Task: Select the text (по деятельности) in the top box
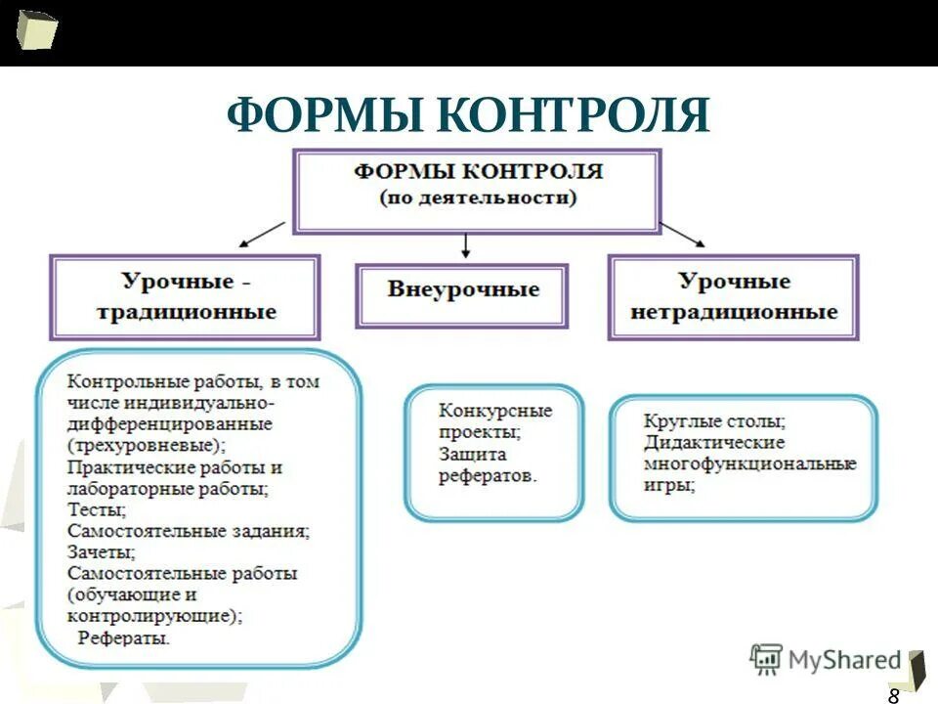[478, 198]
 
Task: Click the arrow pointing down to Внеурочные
[466, 245]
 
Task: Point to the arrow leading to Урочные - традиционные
[261, 235]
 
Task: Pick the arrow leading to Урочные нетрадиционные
[683, 234]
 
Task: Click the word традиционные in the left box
[187, 313]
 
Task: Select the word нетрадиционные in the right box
[734, 313]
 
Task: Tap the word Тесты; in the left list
[97, 509]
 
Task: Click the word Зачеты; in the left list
[102, 552]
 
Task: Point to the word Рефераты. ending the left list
[124, 638]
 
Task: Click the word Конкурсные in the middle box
[495, 411]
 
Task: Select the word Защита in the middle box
[473, 455]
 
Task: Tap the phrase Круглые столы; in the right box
[714, 421]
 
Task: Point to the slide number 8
[893, 695]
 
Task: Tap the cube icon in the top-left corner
[36, 29]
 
